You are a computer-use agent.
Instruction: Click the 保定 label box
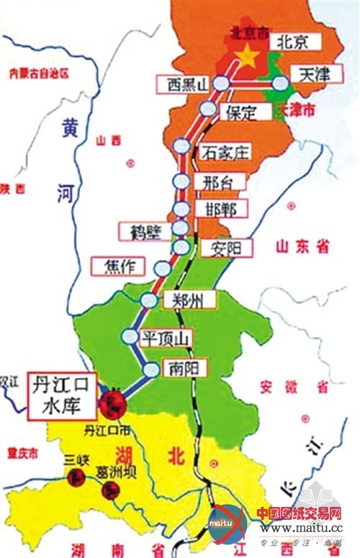pos(246,112)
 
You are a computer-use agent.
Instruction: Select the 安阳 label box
pos(225,248)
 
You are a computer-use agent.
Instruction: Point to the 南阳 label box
pos(183,369)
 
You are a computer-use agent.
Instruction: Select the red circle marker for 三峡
pos(75,477)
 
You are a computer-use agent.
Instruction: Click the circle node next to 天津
pos(280,84)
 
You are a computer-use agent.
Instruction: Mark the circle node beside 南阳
pos(151,370)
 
